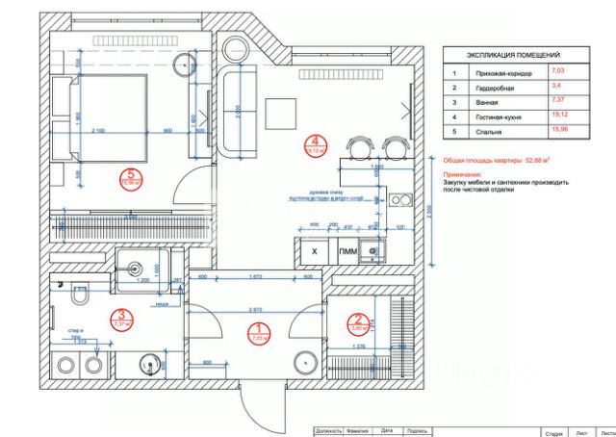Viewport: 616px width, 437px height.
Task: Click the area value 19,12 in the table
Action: click(559, 116)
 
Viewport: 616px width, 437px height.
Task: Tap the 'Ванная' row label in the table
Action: click(485, 101)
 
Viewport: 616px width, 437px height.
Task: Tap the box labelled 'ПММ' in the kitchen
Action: click(346, 251)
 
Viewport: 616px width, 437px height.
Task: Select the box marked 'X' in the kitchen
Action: click(315, 251)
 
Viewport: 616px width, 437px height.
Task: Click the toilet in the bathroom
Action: click(81, 300)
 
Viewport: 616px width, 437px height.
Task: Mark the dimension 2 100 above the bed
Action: click(97, 130)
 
